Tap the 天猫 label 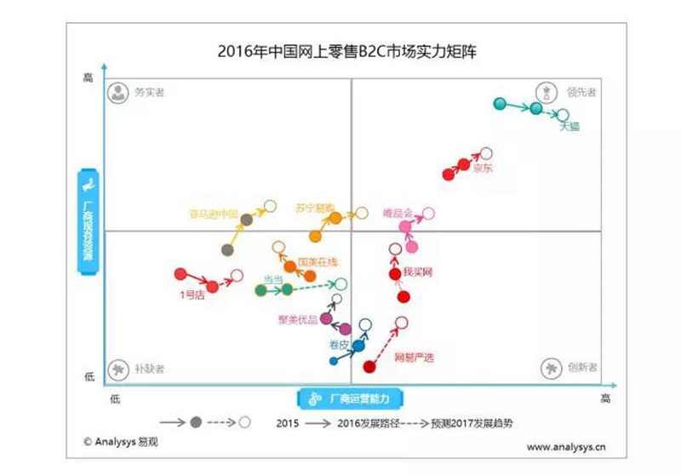[569, 127]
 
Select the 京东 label [483, 168]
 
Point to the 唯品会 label [398, 213]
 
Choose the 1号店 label [192, 295]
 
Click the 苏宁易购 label [313, 207]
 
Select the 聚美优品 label [297, 320]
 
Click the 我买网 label [418, 272]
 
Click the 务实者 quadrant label [149, 91]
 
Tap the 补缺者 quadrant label [149, 369]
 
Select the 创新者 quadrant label [581, 368]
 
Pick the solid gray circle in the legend [196, 422]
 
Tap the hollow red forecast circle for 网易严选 [402, 323]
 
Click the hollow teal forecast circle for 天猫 [563, 114]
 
